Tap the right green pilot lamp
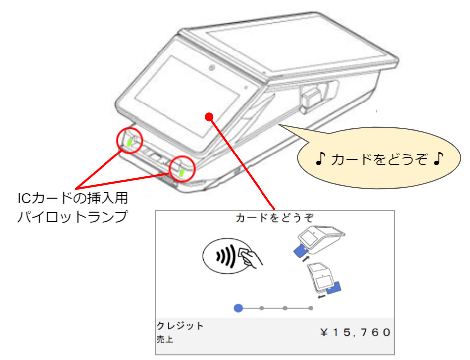click(x=182, y=172)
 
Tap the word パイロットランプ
click(x=72, y=217)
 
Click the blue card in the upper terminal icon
click(x=300, y=252)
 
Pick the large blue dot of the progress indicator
click(x=238, y=308)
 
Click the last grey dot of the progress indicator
click(x=311, y=308)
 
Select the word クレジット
click(x=180, y=326)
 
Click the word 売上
click(x=165, y=340)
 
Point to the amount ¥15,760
click(x=355, y=331)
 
